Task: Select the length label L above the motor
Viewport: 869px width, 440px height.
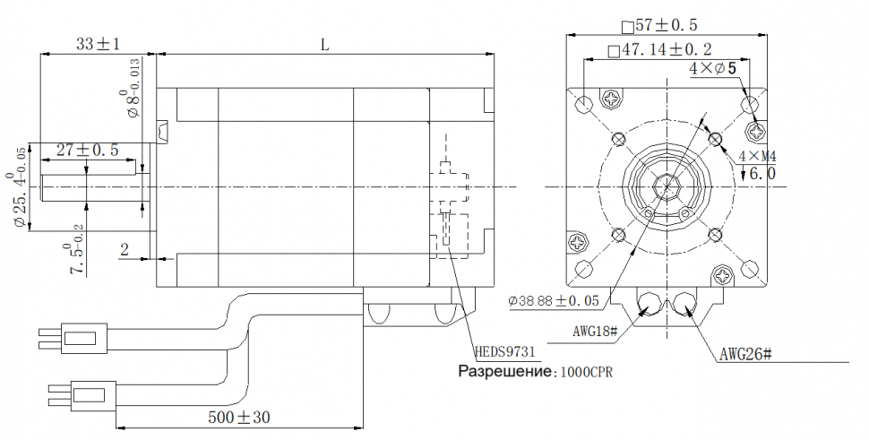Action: coord(324,43)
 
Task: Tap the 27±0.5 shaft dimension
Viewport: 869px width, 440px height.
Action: coord(88,150)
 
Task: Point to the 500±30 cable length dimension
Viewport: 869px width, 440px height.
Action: coord(239,417)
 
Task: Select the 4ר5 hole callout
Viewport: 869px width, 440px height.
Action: coord(713,68)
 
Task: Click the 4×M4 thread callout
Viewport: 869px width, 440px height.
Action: coord(757,158)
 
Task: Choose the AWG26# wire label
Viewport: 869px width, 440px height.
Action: coord(745,354)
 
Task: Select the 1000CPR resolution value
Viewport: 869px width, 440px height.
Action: coord(589,371)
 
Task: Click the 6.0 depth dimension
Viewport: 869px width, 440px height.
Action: coord(761,174)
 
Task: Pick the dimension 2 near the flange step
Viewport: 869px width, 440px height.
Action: coord(125,250)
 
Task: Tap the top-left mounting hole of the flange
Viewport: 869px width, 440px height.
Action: coord(584,105)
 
